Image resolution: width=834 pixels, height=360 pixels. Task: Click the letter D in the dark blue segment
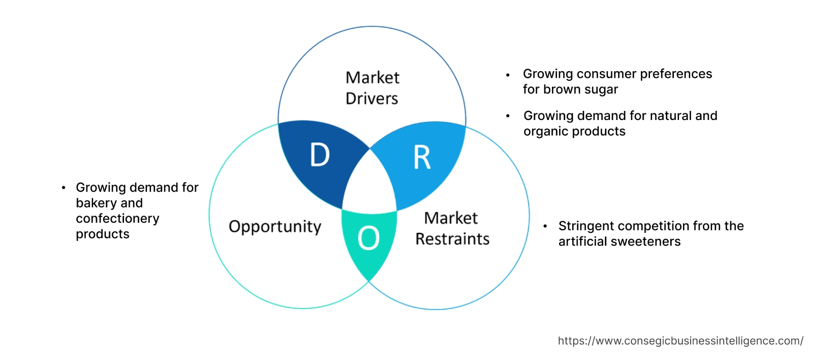tap(320, 155)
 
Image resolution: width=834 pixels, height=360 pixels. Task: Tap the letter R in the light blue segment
tap(422, 158)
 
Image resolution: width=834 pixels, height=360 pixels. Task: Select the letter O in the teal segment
tap(368, 238)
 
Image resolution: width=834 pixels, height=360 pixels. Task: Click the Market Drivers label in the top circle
tap(372, 88)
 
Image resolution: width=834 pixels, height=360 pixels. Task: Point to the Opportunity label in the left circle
tap(275, 226)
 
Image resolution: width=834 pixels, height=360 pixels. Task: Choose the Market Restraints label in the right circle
tap(452, 228)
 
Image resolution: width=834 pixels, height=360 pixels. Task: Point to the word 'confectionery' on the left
tap(117, 219)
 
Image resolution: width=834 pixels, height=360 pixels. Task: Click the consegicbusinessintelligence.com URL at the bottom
tap(681, 341)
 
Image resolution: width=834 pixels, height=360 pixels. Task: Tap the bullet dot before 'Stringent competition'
tap(545, 226)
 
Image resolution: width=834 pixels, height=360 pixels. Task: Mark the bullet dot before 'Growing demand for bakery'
tap(64, 188)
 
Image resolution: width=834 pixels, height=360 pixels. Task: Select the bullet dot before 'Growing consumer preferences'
tap(508, 75)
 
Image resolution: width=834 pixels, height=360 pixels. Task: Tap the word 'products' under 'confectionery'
tap(103, 234)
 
